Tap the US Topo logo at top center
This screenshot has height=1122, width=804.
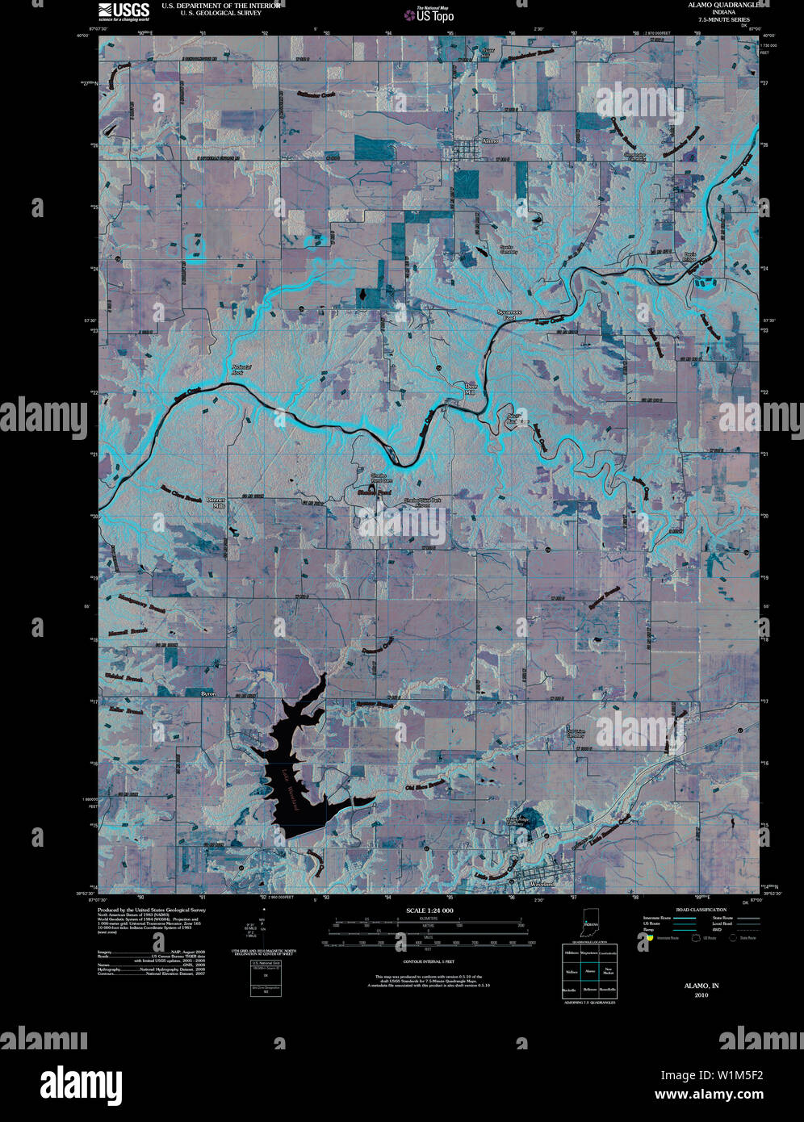[x=434, y=14]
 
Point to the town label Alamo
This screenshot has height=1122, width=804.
[x=490, y=140]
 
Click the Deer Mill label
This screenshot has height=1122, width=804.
[x=471, y=389]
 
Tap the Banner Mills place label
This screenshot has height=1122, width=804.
[x=216, y=503]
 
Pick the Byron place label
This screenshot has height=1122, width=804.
[x=207, y=693]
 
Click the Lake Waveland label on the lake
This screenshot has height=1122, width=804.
[x=288, y=788]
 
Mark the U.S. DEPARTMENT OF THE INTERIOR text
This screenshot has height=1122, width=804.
[x=221, y=5]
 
